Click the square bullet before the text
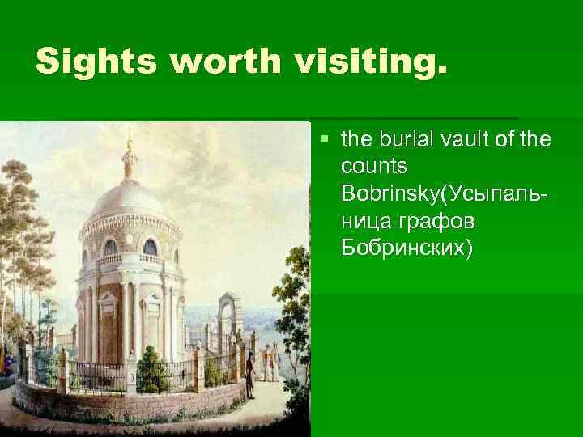pyautogui.click(x=324, y=139)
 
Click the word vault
pyautogui.click(x=459, y=140)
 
